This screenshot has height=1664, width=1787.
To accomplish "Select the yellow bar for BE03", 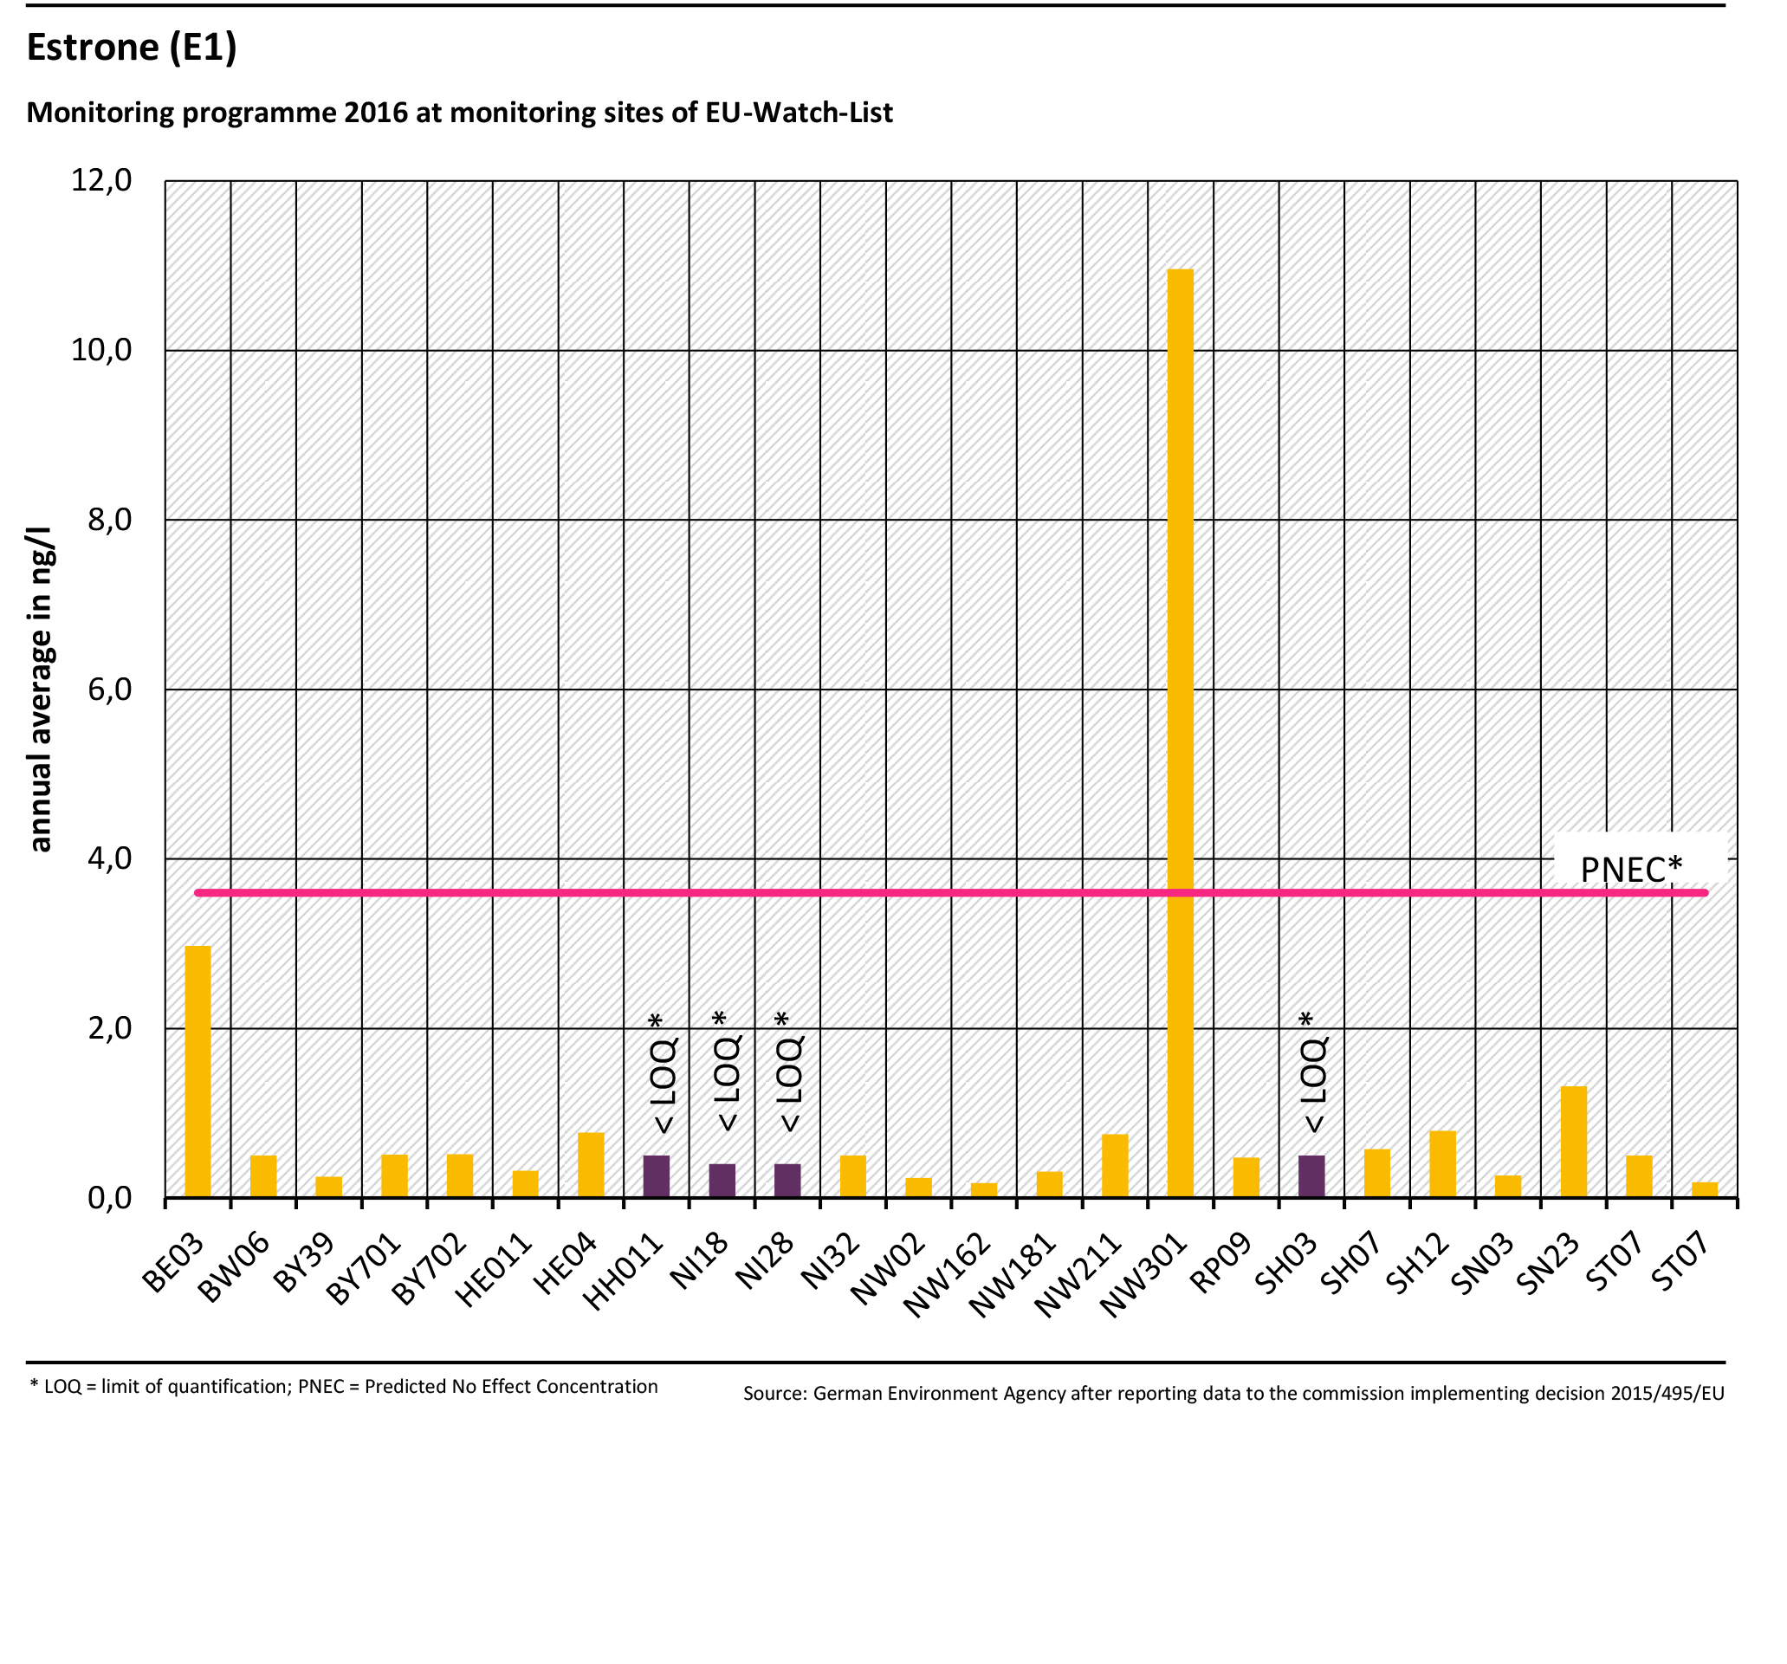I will [197, 1071].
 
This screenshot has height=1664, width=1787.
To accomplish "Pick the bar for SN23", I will [1573, 1142].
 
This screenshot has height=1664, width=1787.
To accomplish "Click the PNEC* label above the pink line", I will [1630, 870].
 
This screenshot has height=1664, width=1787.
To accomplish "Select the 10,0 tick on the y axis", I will [101, 350].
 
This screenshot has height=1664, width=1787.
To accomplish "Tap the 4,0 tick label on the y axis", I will [109, 858].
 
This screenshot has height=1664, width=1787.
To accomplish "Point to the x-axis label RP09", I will [1220, 1263].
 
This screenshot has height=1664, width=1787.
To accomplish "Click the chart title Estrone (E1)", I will [132, 47].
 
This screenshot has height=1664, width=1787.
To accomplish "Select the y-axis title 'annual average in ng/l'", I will [41, 689].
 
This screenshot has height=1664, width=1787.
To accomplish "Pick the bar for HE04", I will [591, 1164].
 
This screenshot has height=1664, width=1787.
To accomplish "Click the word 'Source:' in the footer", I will [774, 1394].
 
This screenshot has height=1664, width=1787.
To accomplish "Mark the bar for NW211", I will [1115, 1165].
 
